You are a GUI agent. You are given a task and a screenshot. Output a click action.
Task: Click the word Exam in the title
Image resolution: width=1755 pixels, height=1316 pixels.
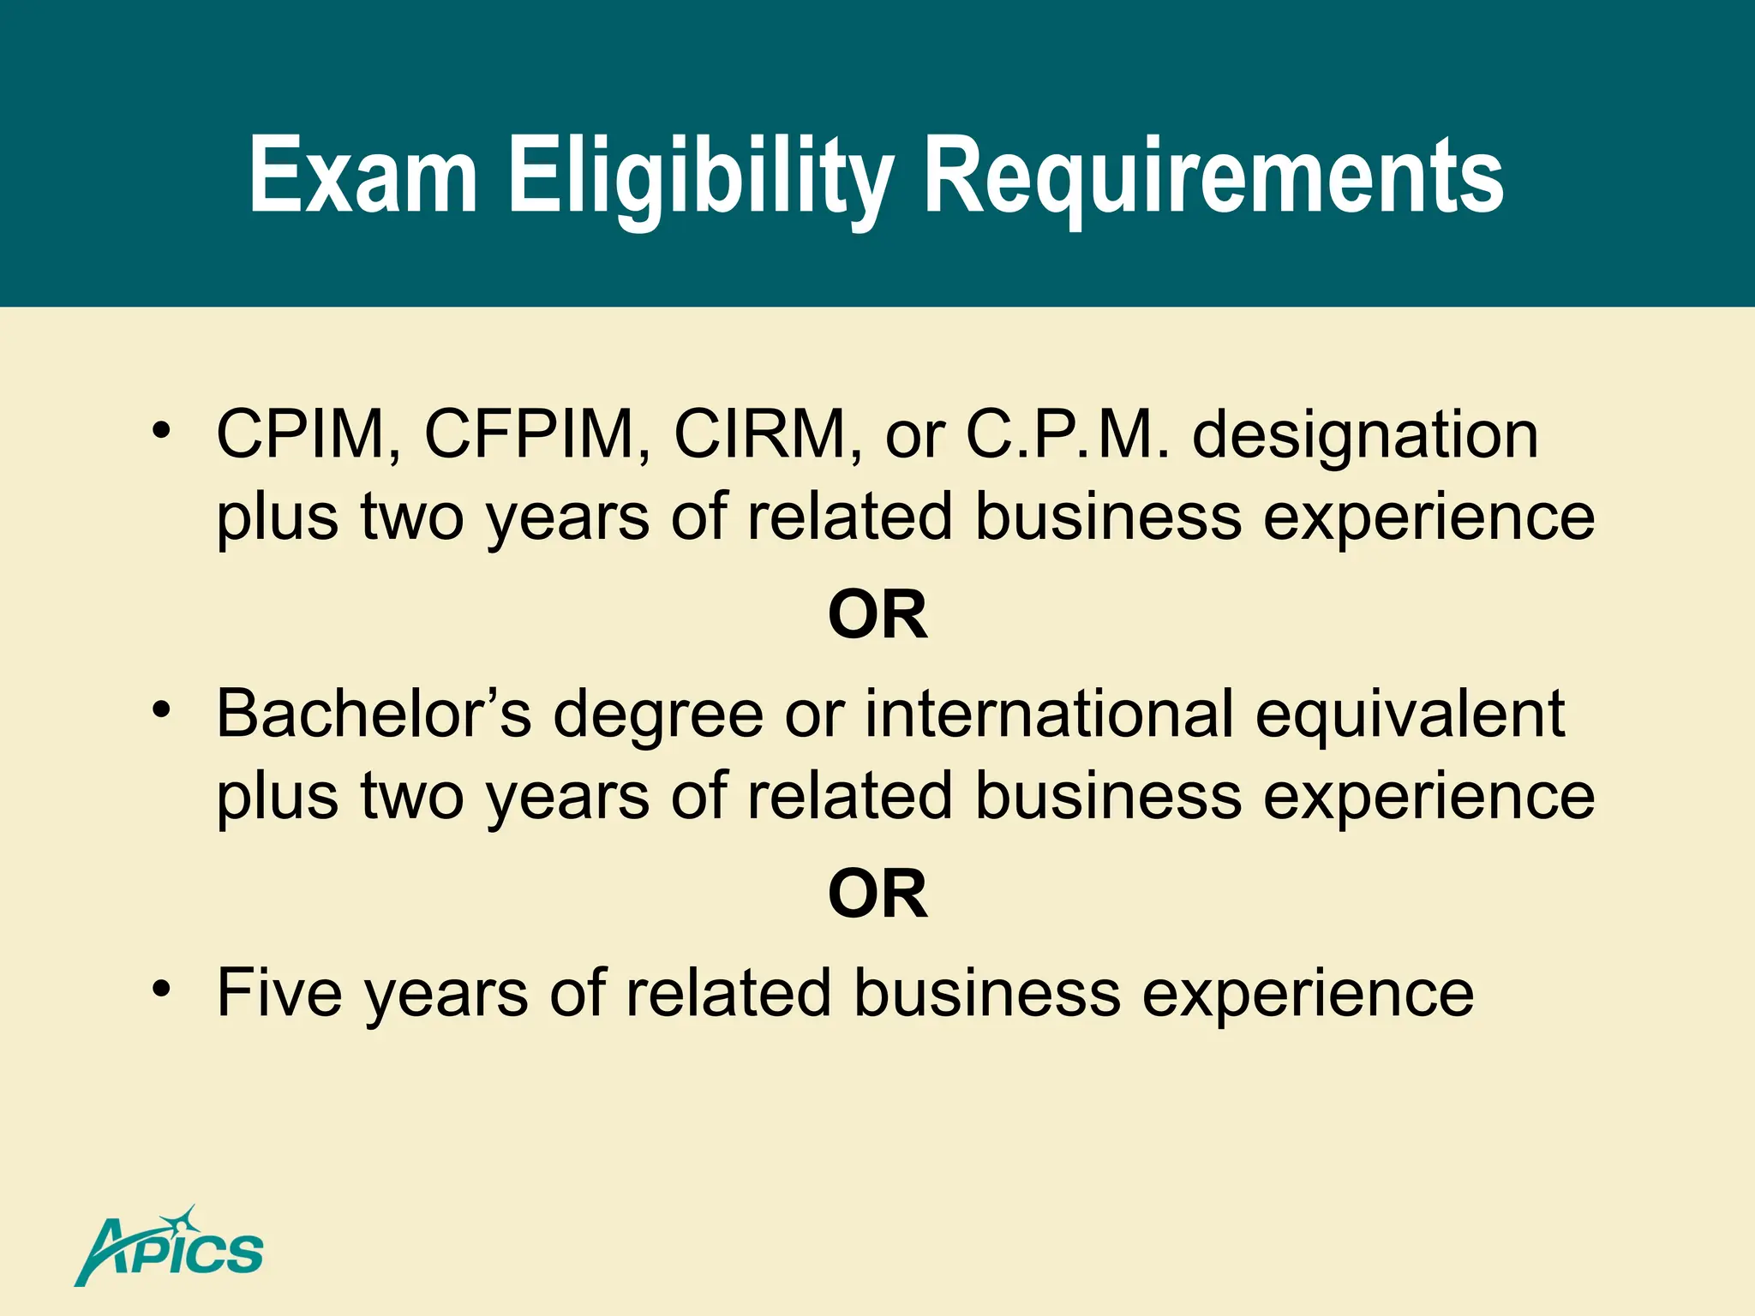tap(362, 176)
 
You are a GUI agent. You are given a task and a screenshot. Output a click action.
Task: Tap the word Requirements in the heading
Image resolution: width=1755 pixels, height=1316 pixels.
tap(1213, 176)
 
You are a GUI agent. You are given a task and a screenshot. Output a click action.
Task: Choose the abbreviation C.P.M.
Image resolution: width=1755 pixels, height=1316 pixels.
tap(1067, 435)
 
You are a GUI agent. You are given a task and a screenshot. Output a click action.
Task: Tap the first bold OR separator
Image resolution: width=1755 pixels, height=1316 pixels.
tap(877, 615)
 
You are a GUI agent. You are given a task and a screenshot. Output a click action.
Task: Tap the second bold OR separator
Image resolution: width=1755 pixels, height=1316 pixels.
tap(877, 894)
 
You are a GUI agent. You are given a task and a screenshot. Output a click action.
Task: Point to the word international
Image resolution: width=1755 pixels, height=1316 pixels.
tap(1049, 714)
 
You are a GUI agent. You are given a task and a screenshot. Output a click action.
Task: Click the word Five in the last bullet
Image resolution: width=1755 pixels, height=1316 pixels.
tap(279, 993)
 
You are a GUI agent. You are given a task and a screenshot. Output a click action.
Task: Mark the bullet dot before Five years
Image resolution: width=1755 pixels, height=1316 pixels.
tap(161, 989)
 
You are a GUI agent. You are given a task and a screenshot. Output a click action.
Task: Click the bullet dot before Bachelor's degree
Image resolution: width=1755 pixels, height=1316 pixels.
tap(161, 710)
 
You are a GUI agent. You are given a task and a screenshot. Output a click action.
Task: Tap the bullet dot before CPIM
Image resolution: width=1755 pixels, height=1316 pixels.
tap(161, 431)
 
